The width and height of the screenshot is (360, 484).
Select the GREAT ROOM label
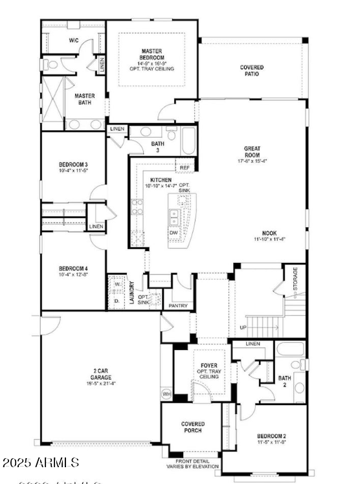(252, 151)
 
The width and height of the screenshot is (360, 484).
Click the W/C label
(74, 40)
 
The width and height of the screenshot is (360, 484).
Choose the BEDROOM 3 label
(73, 166)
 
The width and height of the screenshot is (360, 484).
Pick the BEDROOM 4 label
(73, 269)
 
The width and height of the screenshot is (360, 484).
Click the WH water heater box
(166, 393)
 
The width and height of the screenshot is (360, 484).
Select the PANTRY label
(177, 305)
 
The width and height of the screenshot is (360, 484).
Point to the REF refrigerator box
(185, 168)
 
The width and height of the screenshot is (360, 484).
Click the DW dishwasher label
(174, 232)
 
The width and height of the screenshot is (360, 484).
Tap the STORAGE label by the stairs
(295, 278)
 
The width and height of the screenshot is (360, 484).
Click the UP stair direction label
(243, 327)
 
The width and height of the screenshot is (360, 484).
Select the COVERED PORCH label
(192, 427)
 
